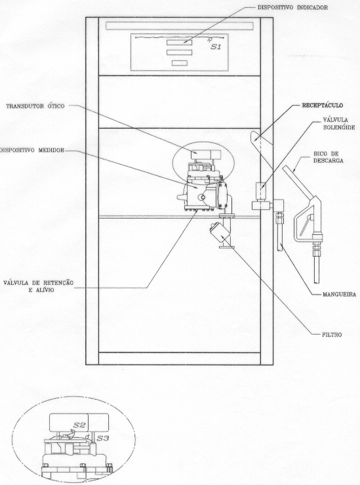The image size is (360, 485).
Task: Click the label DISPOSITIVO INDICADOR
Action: coord(292,7)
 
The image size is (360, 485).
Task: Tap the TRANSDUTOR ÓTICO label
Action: coord(35,106)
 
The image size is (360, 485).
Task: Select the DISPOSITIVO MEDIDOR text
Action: coord(32,150)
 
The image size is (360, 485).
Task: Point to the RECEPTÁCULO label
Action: coord(323,106)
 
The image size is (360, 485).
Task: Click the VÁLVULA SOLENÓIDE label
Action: coord(338,123)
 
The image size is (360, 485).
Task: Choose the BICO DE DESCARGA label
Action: coord(328,157)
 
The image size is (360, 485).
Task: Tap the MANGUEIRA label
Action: coord(339,295)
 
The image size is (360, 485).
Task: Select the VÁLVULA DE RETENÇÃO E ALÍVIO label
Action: coord(39,286)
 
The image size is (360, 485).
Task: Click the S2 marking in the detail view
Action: coord(79,425)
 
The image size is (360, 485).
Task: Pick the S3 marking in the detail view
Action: coord(103,438)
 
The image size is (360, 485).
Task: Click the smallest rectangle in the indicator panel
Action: coord(180,63)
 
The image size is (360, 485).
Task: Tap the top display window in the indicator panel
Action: coord(179,43)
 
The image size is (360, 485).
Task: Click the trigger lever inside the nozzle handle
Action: coord(306,223)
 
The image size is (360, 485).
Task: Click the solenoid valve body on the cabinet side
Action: coord(261,191)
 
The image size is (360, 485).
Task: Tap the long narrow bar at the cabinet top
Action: coord(179,26)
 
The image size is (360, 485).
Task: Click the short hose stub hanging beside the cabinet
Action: coord(279,232)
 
